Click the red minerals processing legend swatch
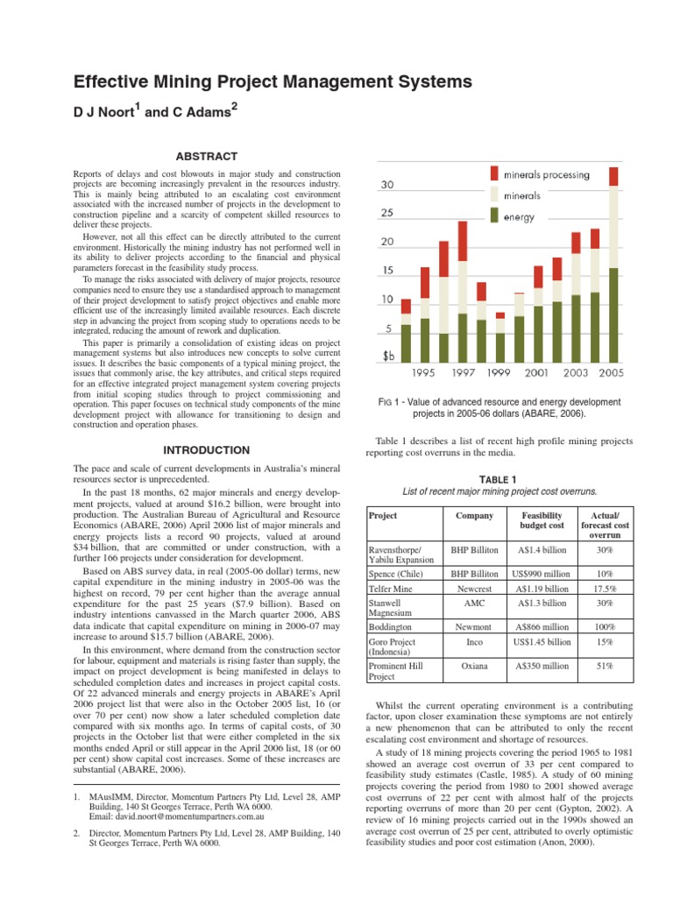tap(495, 174)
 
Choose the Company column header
tap(474, 516)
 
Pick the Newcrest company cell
tap(474, 590)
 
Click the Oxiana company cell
tap(474, 667)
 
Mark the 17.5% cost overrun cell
tap(605, 590)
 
